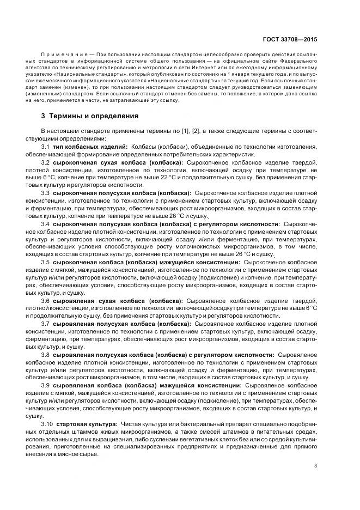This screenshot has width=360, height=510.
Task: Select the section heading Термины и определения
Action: click(90, 116)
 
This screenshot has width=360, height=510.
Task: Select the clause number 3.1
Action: click(46, 148)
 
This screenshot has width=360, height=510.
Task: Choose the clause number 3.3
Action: click(46, 193)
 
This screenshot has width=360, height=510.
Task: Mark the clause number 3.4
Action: click(46, 224)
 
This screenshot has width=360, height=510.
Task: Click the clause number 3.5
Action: click(46, 262)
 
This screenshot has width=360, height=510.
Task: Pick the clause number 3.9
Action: click(46, 385)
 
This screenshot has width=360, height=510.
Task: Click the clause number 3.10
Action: click(47, 423)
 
